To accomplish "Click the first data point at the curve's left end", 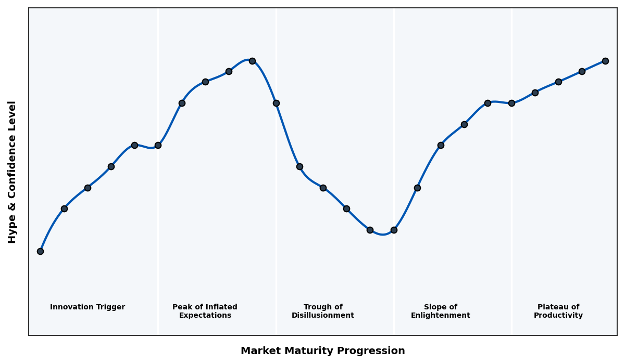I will [40, 251].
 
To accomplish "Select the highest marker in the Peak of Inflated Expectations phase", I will [252, 61].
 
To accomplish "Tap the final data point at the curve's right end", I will [605, 61].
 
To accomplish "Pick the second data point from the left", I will [64, 209].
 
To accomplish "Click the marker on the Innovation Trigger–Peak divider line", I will [158, 145].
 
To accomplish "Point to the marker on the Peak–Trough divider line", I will [276, 103].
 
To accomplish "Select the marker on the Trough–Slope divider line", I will [394, 230].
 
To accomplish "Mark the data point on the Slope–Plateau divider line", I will [511, 103].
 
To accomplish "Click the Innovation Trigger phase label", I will [87, 307].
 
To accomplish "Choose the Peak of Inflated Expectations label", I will [205, 311].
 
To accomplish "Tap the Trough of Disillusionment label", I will [323, 311].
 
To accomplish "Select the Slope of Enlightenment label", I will [441, 311].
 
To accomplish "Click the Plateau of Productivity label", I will [558, 311].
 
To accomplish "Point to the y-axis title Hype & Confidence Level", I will [12, 172].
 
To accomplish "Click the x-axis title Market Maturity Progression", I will [323, 351].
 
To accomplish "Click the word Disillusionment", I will [323, 316].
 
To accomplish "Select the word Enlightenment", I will [441, 316].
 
